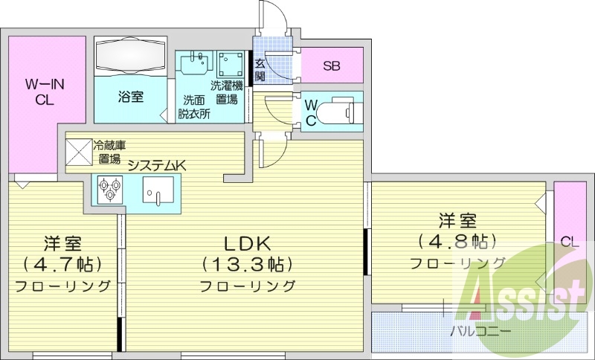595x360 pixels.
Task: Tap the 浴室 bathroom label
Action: (x=130, y=96)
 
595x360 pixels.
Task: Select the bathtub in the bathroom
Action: (x=131, y=57)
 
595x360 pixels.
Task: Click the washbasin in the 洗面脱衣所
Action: (x=196, y=64)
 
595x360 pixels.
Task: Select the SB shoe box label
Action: (x=331, y=65)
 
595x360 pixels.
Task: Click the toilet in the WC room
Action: (x=342, y=111)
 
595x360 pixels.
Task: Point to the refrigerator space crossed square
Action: (x=78, y=151)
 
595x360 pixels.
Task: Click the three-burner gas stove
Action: (x=110, y=188)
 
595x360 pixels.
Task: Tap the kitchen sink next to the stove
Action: (x=157, y=190)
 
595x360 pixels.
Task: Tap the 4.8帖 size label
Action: (x=457, y=242)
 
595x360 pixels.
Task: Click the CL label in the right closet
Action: (x=570, y=241)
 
